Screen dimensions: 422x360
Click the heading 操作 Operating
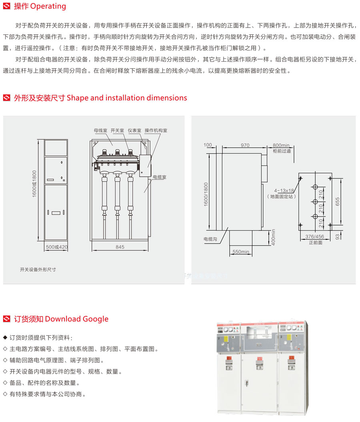point(40,6)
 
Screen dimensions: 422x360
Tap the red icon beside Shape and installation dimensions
point(7,98)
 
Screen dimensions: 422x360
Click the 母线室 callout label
point(100,130)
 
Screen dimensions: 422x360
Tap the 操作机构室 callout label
point(156,130)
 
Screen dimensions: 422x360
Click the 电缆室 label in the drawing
point(159,177)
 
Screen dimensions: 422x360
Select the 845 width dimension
point(120,247)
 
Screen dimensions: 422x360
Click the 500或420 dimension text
point(56,247)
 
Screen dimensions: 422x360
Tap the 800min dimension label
point(281,145)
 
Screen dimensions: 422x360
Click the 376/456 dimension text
point(315,237)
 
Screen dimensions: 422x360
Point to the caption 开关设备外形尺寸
point(38,270)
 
